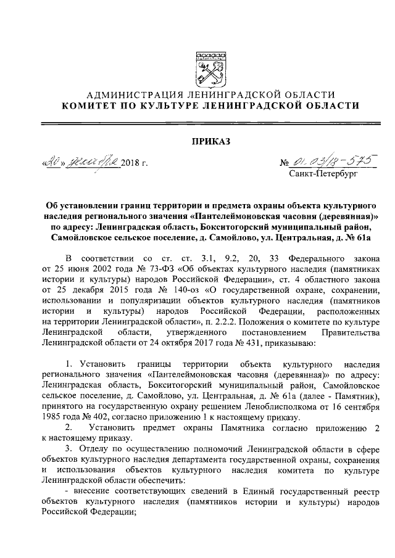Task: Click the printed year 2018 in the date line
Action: click(x=131, y=163)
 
